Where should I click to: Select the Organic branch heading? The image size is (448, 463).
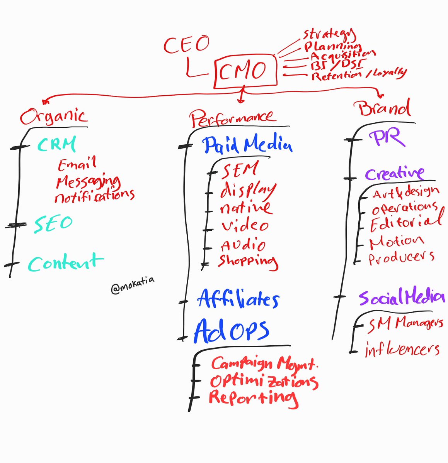click(53, 116)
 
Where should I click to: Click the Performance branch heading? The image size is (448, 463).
click(232, 118)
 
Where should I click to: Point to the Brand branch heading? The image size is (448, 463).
click(384, 108)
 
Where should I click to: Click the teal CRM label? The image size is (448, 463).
click(56, 144)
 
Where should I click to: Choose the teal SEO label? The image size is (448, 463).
click(53, 224)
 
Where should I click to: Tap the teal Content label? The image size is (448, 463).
click(65, 263)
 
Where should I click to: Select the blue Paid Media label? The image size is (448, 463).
click(247, 145)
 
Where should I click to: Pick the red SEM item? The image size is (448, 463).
click(240, 170)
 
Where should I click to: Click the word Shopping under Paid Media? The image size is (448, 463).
click(248, 262)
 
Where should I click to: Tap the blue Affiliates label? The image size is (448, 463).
click(238, 299)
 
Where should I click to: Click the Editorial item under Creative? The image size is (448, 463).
click(406, 223)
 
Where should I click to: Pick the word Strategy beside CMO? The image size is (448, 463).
click(329, 34)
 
